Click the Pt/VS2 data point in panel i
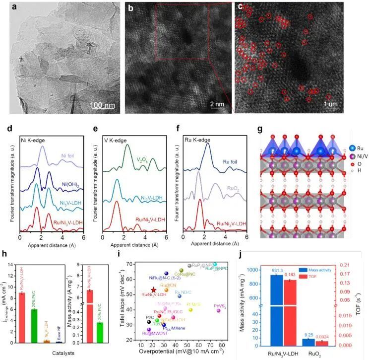click(x=218, y=310)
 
